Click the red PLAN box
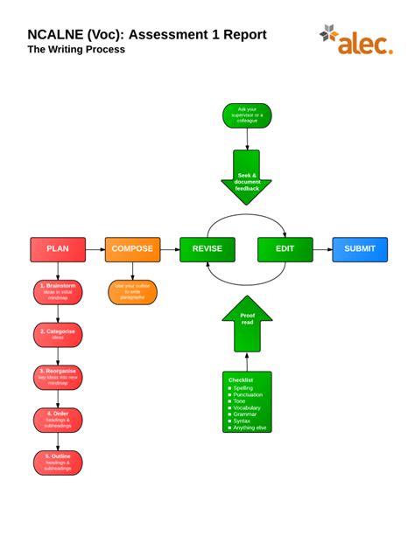click(58, 249)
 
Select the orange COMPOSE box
click(132, 249)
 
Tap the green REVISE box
click(207, 249)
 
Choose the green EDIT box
click(285, 249)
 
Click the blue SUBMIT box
click(359, 249)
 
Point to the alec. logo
click(356, 40)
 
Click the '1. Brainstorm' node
click(58, 292)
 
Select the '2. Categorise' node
click(58, 335)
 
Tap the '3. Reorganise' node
click(58, 378)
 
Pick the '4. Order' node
click(58, 421)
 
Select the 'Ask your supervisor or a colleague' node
click(247, 115)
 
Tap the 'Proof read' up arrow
click(247, 321)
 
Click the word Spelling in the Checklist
click(245, 387)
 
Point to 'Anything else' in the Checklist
click(250, 428)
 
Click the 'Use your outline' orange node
click(132, 292)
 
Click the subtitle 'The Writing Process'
click(76, 50)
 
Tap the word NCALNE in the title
click(55, 34)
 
